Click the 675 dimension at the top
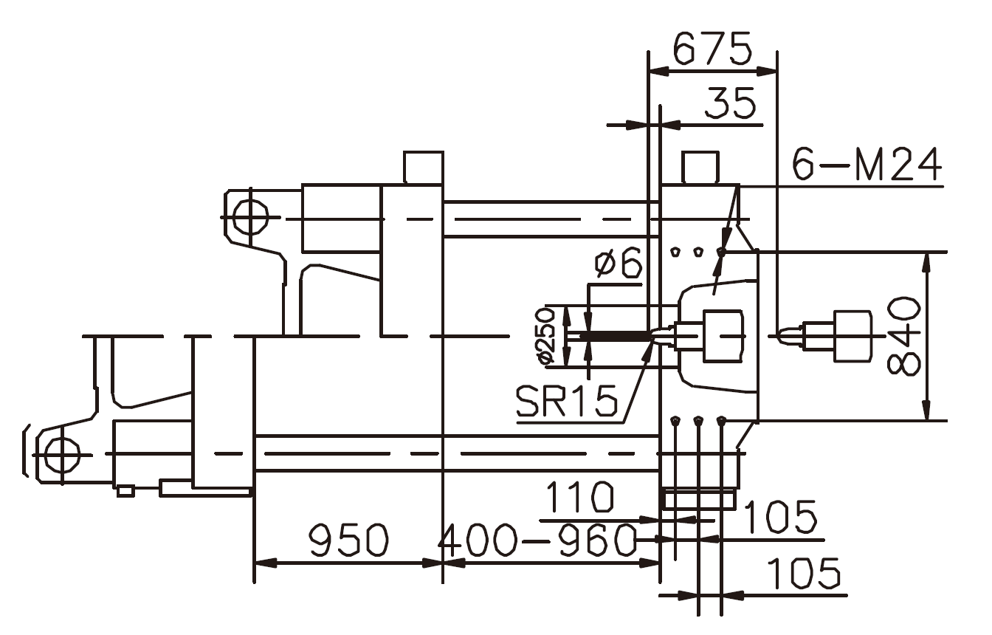click(712, 49)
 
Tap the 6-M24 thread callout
click(867, 165)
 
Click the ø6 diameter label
click(619, 264)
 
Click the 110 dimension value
click(580, 499)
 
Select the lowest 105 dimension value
click(804, 574)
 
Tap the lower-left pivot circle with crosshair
click(61, 454)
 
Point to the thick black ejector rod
click(613, 337)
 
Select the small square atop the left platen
click(424, 167)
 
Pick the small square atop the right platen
click(700, 167)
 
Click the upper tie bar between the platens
click(546, 219)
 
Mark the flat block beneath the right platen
click(699, 500)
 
